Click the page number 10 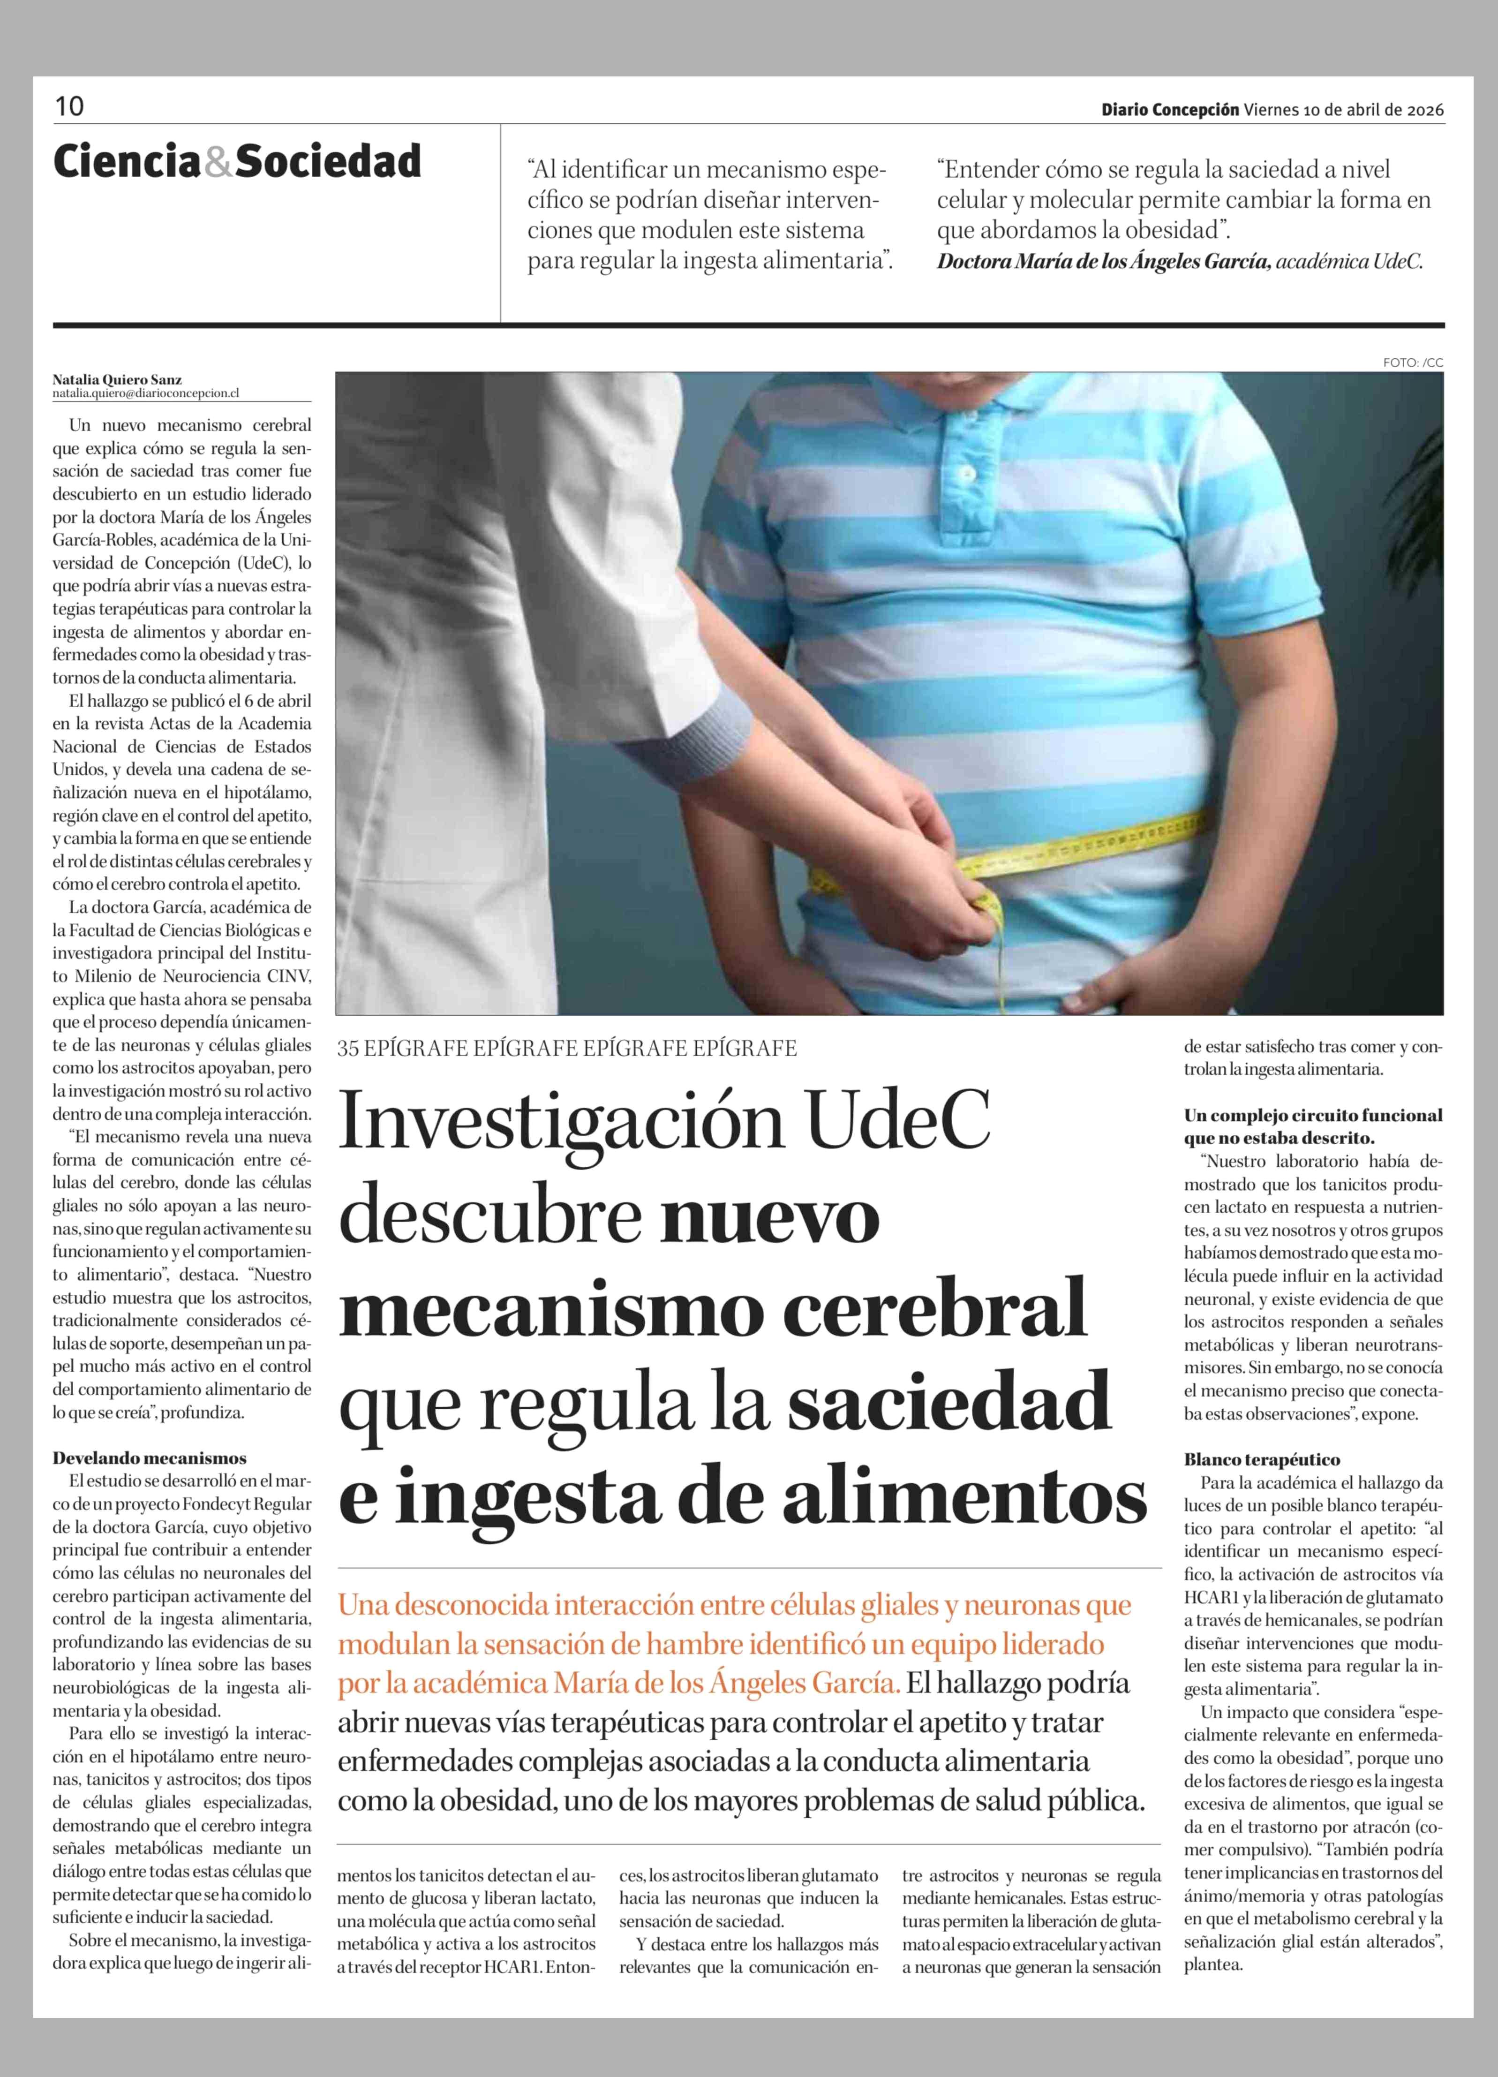[x=68, y=107]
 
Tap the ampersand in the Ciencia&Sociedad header [x=218, y=162]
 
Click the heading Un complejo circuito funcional [x=1313, y=1116]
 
